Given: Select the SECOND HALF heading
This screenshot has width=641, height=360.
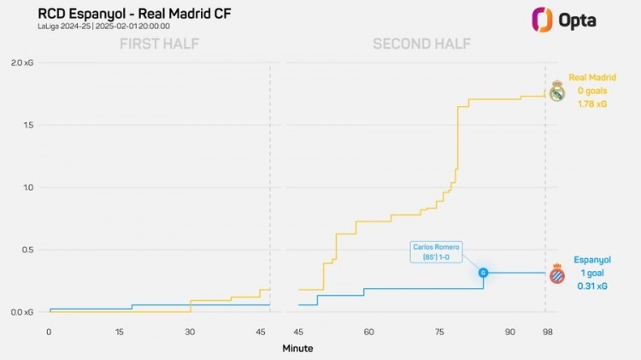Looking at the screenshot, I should click(x=414, y=44).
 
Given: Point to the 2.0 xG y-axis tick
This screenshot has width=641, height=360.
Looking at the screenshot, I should click(x=22, y=62).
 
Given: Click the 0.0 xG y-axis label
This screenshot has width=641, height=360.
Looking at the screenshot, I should click(x=22, y=312).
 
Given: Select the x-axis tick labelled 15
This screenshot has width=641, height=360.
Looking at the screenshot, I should click(x=119, y=332).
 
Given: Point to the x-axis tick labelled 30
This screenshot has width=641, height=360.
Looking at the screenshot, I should click(x=190, y=332).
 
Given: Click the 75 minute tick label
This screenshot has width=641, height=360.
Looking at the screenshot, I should click(x=439, y=332).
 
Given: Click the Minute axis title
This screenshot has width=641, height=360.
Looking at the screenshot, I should click(x=297, y=348).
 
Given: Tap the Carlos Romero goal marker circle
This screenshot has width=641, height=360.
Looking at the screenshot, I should click(x=483, y=273).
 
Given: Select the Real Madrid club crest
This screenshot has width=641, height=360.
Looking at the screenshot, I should click(x=556, y=91).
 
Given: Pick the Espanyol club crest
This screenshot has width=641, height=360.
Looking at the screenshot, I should click(x=556, y=274).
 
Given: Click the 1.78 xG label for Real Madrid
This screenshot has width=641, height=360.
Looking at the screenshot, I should click(x=591, y=104).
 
